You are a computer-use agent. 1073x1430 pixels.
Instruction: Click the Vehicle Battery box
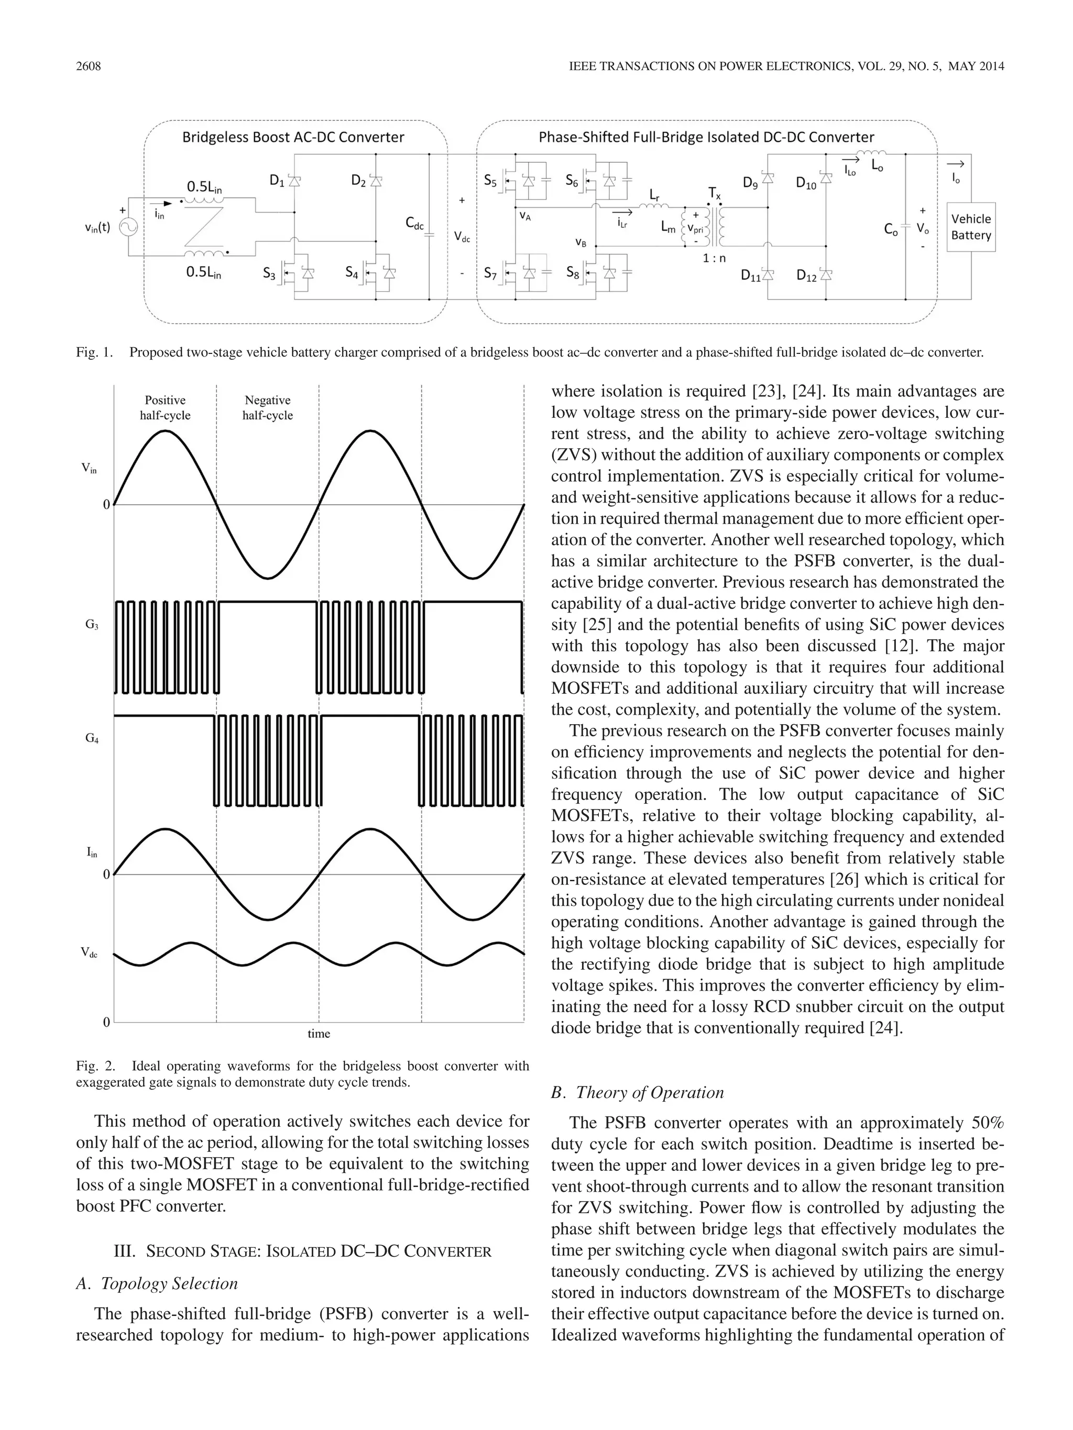coord(970,227)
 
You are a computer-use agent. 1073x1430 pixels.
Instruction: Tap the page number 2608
coord(89,66)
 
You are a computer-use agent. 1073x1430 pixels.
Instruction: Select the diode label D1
coord(277,181)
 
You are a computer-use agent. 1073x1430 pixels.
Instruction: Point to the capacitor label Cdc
coord(414,223)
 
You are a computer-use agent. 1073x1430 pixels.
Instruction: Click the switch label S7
coord(490,273)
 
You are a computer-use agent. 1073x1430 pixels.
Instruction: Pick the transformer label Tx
coord(714,193)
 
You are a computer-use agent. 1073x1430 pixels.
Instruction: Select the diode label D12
coord(806,275)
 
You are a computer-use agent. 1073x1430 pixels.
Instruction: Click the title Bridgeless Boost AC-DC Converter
coord(293,137)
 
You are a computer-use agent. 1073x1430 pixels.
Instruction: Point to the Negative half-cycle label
coord(267,408)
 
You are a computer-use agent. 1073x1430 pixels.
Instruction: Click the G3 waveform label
coord(92,625)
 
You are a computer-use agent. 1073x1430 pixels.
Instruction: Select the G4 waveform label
coord(92,738)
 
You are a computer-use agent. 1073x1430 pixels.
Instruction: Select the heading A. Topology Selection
coord(157,1283)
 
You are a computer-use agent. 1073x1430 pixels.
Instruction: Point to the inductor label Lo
coord(878,165)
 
